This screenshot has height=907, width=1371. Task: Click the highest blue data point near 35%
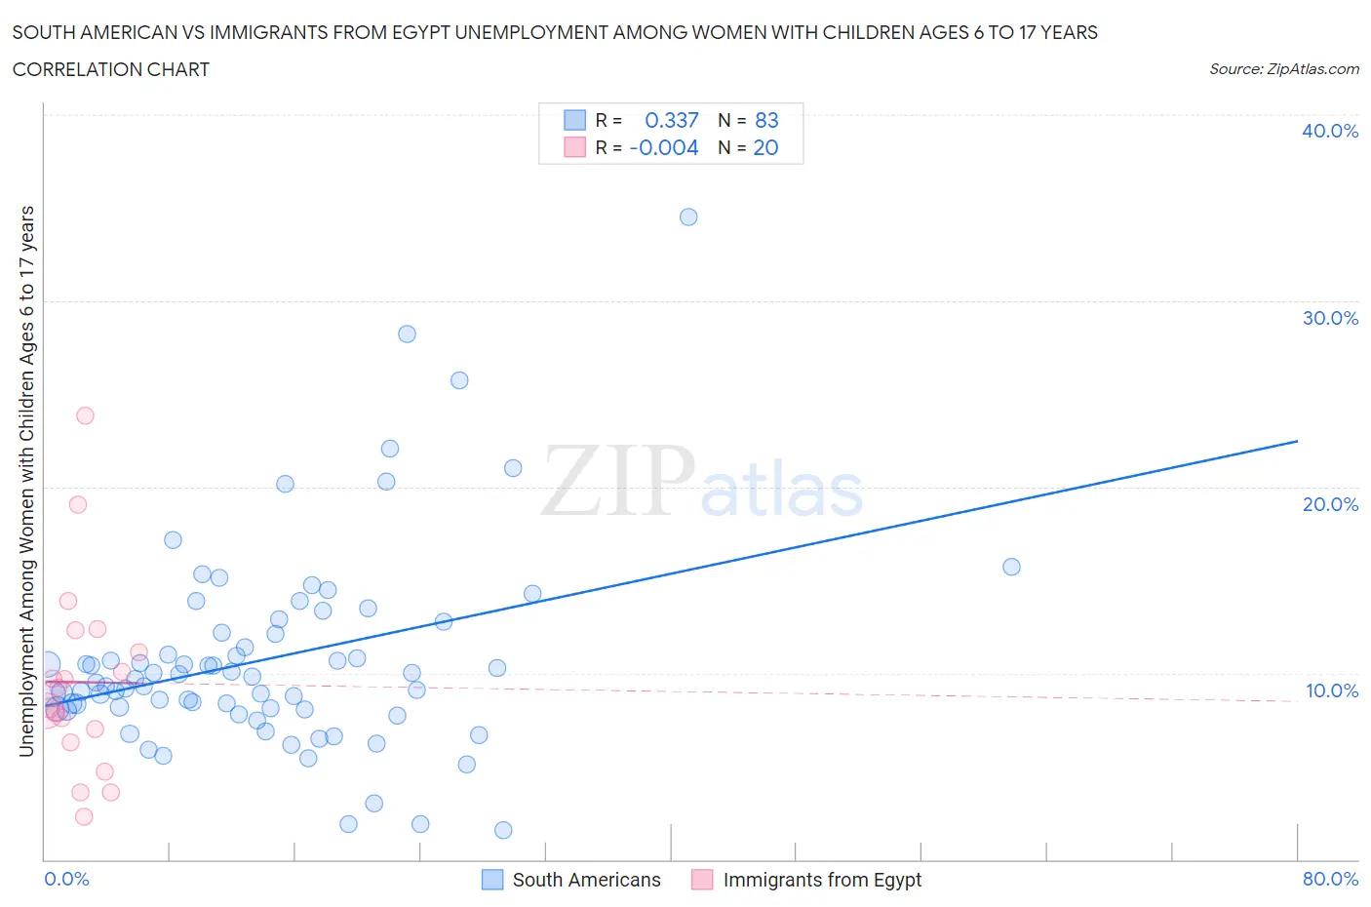(x=688, y=217)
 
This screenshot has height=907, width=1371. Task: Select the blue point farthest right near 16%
(x=1011, y=567)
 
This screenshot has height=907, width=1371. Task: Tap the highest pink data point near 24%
(x=85, y=415)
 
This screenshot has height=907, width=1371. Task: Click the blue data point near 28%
(x=407, y=334)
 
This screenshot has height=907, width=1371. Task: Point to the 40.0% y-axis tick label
(x=1330, y=131)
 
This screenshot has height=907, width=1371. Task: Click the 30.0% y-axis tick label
(x=1330, y=318)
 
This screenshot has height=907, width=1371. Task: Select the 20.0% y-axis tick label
(x=1330, y=504)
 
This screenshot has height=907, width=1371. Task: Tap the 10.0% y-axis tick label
(x=1330, y=690)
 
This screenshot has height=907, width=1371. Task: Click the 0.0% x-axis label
(x=66, y=879)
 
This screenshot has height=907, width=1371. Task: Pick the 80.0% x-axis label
(x=1330, y=879)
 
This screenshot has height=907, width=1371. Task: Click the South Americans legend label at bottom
(x=586, y=880)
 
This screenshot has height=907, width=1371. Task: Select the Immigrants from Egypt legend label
(x=822, y=880)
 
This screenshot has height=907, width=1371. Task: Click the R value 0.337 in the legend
(x=672, y=120)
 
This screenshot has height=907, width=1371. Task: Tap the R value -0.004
(x=664, y=147)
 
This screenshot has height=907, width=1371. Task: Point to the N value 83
(x=766, y=120)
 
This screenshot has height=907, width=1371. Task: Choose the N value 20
(x=765, y=147)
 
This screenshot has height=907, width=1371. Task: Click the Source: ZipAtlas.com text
(x=1283, y=68)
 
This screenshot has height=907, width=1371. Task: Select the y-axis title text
(x=26, y=482)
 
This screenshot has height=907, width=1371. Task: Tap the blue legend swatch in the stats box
(x=574, y=120)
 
